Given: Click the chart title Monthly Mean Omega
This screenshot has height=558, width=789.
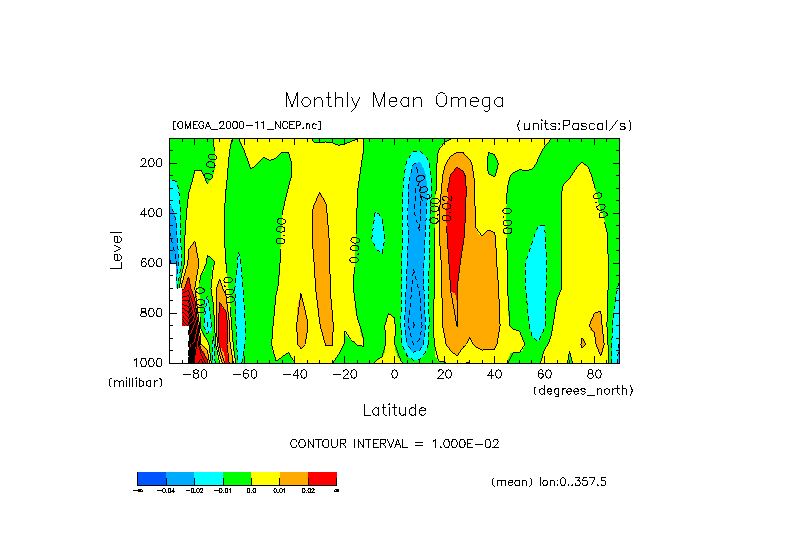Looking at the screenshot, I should pos(394,101).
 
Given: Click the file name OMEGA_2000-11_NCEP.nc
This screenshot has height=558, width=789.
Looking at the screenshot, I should pos(247,125).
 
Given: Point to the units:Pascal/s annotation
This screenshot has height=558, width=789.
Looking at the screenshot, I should pos(574,125).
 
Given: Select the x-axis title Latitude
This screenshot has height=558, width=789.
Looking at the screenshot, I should pos(394,410).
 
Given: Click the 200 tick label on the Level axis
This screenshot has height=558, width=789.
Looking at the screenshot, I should pos(152,163).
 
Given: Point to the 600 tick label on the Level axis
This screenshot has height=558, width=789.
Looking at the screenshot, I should pos(152,263).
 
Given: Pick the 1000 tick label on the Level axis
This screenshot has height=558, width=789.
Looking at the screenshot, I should pos(149,362).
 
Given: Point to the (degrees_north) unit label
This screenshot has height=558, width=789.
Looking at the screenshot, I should pos(583,389).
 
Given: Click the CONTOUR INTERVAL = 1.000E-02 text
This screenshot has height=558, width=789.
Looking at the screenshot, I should pos(394,443).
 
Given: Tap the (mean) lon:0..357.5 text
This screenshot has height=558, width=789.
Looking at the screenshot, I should pos(549,482).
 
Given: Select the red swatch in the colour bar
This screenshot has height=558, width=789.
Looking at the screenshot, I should pos(322,478).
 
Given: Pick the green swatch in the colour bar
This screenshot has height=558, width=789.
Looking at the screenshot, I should pos(237,478).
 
